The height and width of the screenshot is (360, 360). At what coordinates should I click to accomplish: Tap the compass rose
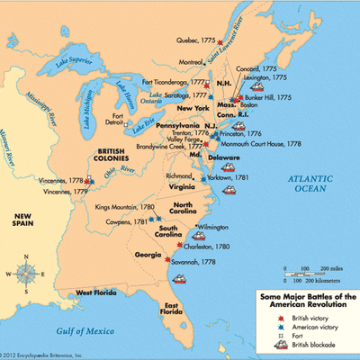26,271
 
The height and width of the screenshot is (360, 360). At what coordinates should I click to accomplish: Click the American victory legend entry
292,322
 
